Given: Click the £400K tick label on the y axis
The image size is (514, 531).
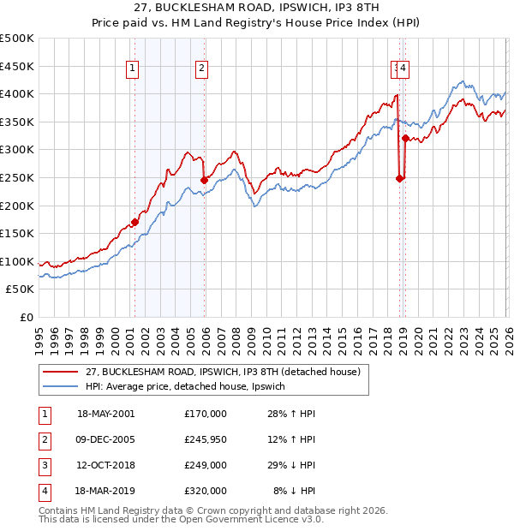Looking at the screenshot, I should (x=17, y=94).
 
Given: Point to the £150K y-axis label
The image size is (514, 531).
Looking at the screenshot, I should (x=17, y=233).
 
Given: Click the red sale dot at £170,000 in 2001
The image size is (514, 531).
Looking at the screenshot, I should (x=135, y=222).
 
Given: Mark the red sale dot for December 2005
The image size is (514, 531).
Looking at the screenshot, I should (x=204, y=180).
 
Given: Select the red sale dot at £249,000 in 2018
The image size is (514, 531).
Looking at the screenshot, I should (x=399, y=178).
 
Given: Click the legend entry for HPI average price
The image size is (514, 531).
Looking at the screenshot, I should (x=190, y=387).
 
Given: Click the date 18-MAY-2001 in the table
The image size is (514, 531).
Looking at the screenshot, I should (x=105, y=414).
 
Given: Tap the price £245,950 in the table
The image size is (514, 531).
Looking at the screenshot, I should (x=205, y=439).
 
